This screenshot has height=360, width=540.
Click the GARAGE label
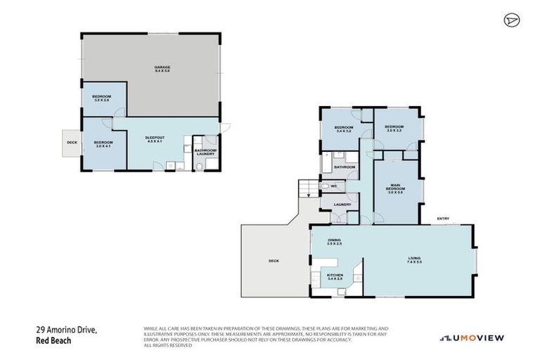pos(162,69)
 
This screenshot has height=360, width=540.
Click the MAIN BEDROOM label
pos(396,189)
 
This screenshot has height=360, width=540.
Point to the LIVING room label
pos(414,259)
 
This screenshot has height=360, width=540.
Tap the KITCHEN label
pos(335,278)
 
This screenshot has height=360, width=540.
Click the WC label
pos(335,186)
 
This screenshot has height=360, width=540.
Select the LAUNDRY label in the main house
pos(342,205)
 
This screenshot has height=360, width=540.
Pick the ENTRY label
pos(443,219)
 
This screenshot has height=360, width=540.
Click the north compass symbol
pos(510,20)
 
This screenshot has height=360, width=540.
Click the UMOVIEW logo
pos(472,338)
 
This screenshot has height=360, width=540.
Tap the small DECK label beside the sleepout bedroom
pos(72,143)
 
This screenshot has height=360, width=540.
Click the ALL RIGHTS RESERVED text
pos(167,345)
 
